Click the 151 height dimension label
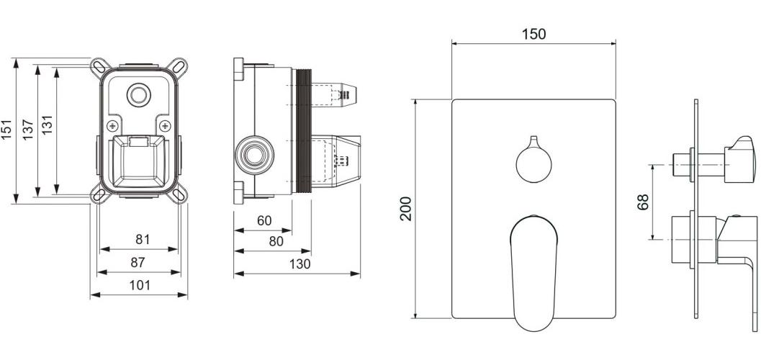[8, 130]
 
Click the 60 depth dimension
[264, 220]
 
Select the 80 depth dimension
[275, 242]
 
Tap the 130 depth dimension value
[299, 264]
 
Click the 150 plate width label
[533, 34]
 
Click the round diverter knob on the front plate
[533, 162]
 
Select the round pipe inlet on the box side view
[253, 155]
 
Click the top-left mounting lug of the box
[97, 67]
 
